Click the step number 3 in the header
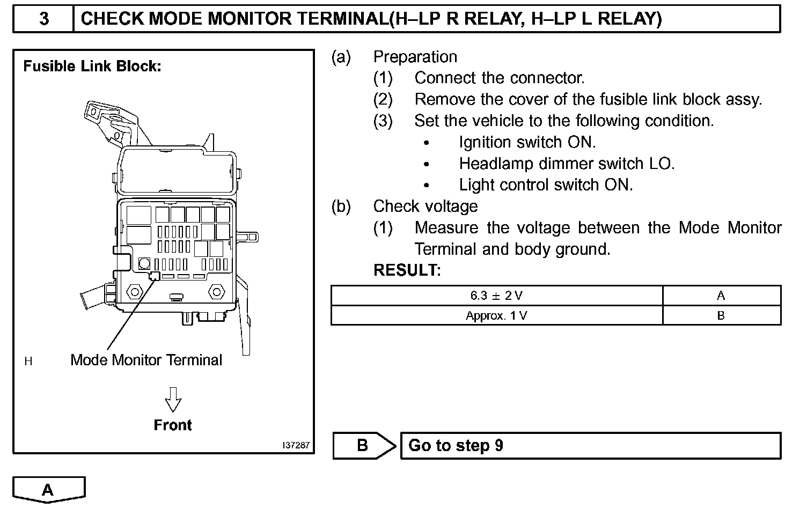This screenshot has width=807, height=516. [x=44, y=19]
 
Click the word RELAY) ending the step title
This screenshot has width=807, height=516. [x=630, y=19]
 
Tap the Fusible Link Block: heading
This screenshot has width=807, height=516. [x=92, y=67]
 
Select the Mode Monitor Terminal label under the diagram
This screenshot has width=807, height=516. [x=146, y=360]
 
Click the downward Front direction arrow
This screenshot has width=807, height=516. [x=173, y=399]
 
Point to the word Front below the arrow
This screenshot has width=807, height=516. [x=173, y=425]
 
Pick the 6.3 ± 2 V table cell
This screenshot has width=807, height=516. [x=496, y=296]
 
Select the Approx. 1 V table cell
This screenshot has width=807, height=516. [x=496, y=315]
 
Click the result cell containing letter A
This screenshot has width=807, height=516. [x=721, y=296]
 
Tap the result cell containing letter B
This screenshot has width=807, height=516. [x=721, y=315]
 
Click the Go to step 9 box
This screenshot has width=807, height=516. [x=590, y=446]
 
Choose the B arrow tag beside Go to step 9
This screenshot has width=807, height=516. [x=364, y=446]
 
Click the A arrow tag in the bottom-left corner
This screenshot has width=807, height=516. [x=48, y=490]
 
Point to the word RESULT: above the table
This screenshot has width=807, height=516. [x=407, y=270]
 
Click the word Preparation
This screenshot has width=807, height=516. [x=415, y=57]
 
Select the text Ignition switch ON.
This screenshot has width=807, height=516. [x=527, y=142]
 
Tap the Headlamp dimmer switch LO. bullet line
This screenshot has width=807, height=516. [x=567, y=164]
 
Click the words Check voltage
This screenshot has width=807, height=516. [x=425, y=207]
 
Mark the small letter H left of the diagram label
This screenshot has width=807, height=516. [x=28, y=362]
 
